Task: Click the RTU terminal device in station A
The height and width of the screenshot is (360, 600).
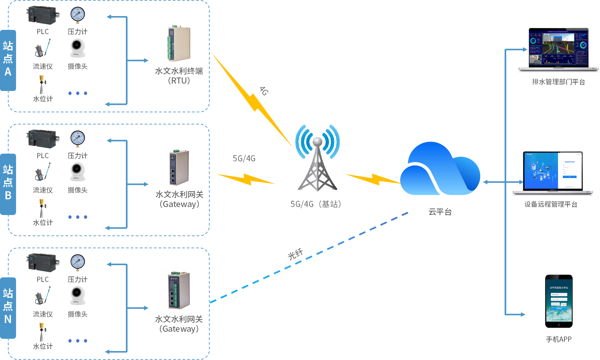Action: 179,44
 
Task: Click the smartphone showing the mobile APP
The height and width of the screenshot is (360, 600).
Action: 559,301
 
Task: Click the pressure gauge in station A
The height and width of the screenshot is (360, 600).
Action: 77,15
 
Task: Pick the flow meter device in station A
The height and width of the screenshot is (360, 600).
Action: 42,49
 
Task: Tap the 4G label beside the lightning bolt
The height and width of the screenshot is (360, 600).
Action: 264,91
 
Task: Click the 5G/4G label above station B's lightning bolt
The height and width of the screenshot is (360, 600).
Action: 244,158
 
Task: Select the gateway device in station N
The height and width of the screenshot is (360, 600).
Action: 179,291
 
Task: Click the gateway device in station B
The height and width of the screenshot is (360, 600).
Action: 179,167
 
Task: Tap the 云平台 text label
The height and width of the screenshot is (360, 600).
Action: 440,212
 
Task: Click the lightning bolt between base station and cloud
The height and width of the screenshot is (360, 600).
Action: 373,179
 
